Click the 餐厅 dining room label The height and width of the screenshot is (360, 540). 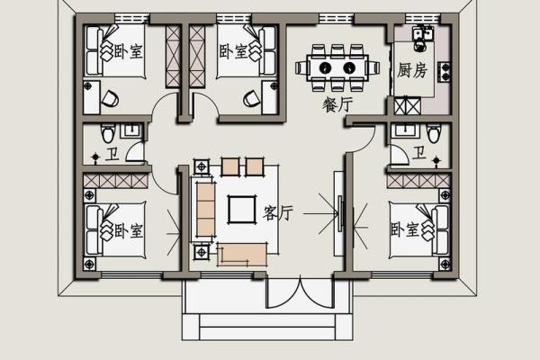click(337, 104)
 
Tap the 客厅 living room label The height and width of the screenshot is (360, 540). click(277, 213)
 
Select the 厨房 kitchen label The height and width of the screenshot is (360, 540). click(412, 70)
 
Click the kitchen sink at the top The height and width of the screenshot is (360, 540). click(422, 34)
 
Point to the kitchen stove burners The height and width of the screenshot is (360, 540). click(445, 72)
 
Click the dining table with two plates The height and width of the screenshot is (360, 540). click(337, 67)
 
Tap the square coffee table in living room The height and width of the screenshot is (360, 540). click(242, 210)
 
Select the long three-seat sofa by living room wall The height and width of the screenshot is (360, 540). click(205, 210)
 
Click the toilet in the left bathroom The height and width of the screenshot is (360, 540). click(108, 133)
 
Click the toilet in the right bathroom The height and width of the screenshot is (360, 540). click(434, 133)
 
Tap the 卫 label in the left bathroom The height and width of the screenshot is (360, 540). click(112, 154)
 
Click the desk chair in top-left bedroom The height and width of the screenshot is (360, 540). click(110, 99)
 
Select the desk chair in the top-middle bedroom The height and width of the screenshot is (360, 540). click(252, 99)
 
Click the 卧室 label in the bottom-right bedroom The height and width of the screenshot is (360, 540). click(405, 229)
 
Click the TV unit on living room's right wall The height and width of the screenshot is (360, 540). click(340, 213)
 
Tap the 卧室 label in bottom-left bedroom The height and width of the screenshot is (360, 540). click(128, 230)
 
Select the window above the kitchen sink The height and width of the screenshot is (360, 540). click(422, 18)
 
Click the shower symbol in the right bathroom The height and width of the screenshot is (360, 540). click(436, 160)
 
